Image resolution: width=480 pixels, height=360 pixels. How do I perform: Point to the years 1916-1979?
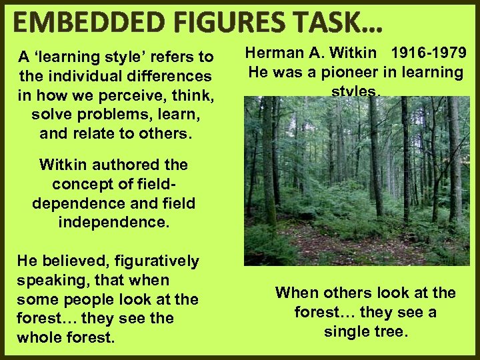(x=429, y=53)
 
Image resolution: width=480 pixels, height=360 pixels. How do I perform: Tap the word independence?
(x=113, y=221)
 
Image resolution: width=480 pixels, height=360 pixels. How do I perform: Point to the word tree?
(x=390, y=331)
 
